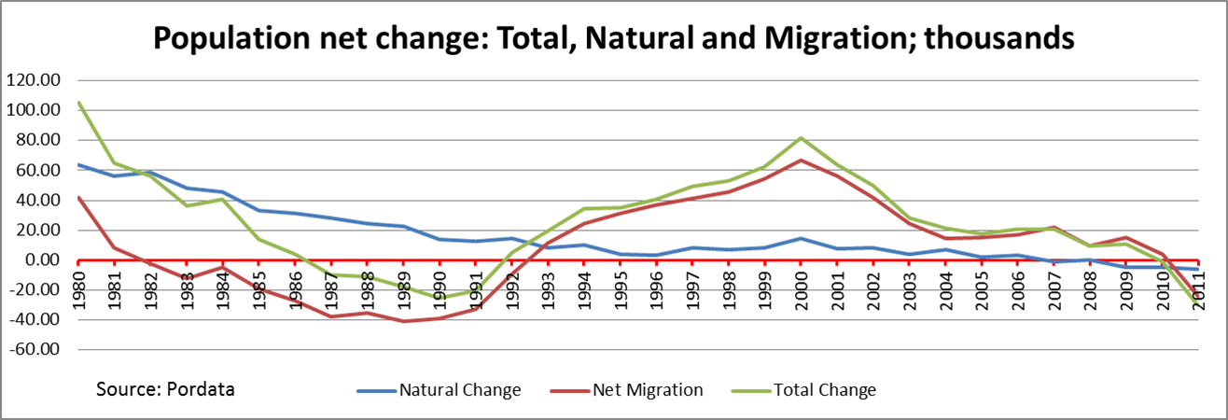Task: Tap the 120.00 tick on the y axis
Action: pos(33,80)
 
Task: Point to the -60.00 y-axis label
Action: pos(33,350)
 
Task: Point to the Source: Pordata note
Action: pos(165,388)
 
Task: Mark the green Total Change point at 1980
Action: pos(79,103)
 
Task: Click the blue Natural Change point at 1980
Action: pos(79,165)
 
